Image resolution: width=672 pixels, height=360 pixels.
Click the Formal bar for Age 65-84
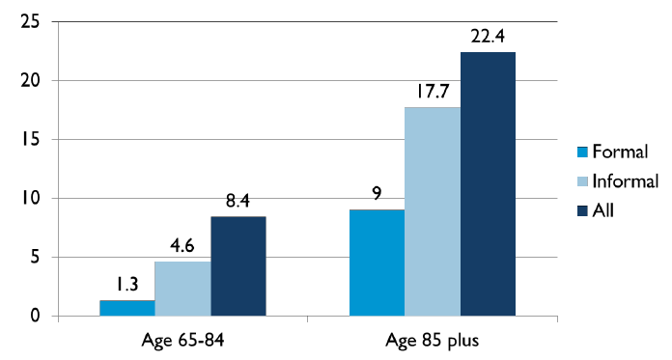point(126,308)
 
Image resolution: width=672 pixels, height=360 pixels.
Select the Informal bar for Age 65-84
point(182,289)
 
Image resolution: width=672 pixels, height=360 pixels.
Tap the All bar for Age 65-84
point(238,266)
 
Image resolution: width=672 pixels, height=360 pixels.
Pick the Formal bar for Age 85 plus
point(377,263)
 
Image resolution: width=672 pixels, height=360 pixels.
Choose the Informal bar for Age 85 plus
point(432,211)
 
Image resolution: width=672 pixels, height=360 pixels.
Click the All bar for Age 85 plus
point(488,183)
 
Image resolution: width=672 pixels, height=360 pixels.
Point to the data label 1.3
point(126,285)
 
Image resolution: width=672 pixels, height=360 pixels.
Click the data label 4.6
point(182,246)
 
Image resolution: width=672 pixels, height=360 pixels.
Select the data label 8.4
point(238,201)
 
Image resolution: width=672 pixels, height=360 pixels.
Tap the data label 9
point(377,194)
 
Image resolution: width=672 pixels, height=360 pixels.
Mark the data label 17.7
point(432,92)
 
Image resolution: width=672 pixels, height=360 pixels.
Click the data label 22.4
point(488,36)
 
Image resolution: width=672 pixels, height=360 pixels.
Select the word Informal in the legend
point(625,180)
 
